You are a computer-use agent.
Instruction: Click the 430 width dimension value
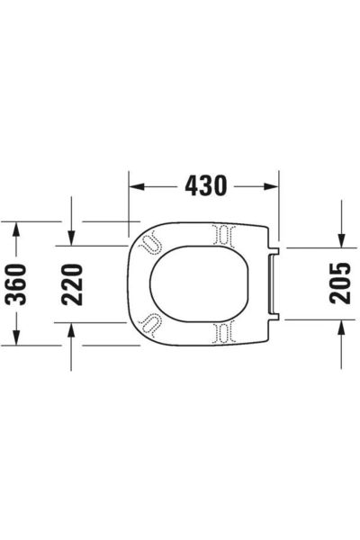(204, 186)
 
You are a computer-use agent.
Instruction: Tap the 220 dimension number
(71, 283)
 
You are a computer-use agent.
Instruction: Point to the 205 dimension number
(340, 283)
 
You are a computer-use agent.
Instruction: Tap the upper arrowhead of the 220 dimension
(71, 238)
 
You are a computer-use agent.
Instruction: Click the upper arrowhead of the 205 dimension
(340, 238)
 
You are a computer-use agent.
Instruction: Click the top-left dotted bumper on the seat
(151, 240)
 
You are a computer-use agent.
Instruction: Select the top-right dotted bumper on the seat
(222, 236)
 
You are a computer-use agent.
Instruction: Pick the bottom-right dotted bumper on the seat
(222, 330)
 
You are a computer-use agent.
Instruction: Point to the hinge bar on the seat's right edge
(274, 283)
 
